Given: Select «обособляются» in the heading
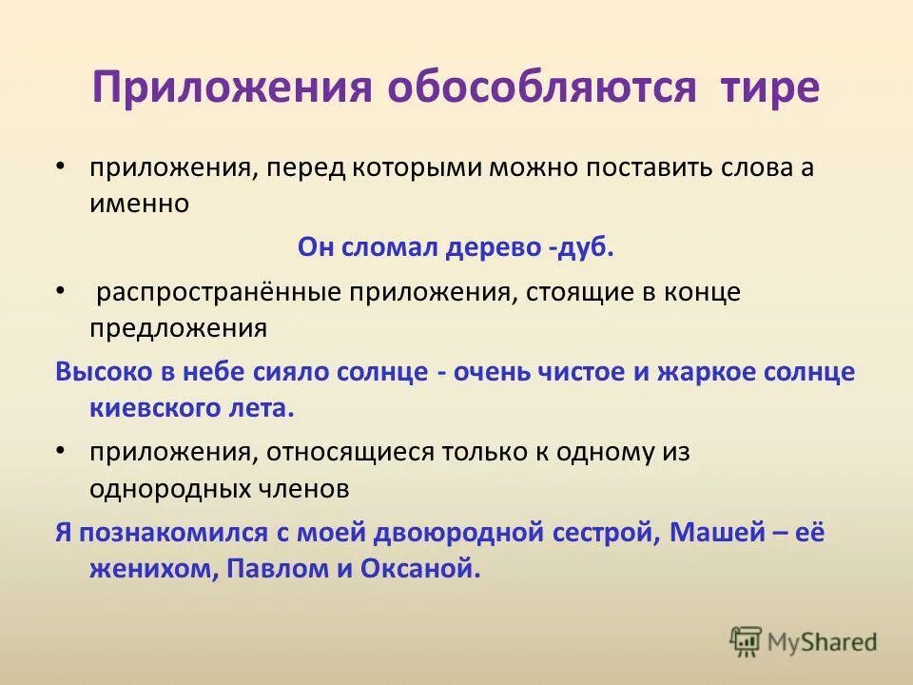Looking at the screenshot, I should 539,88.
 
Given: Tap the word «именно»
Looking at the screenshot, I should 140,204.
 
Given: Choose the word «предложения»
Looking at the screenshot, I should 178,328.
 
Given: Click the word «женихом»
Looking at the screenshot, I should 143,569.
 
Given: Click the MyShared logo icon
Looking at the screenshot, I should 747,641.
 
